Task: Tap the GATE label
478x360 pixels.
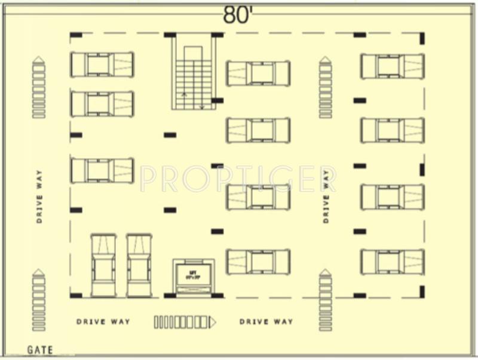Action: (x=40, y=350)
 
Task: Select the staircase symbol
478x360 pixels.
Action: (x=193, y=72)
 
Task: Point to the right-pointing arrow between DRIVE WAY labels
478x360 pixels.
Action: (x=185, y=322)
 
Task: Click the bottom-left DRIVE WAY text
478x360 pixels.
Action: (x=103, y=322)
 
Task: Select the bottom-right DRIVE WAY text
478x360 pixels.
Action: (x=266, y=322)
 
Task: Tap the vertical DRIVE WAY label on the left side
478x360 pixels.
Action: (x=39, y=196)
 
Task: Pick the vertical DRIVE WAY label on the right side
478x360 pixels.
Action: (x=326, y=196)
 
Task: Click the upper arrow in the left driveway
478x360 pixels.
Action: (x=39, y=87)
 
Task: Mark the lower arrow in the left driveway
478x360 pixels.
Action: (x=39, y=300)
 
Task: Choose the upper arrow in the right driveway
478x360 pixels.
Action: (x=326, y=87)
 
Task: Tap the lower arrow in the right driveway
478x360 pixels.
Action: (x=326, y=300)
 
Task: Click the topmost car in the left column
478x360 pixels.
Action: (x=102, y=65)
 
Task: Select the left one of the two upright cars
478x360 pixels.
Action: (x=103, y=265)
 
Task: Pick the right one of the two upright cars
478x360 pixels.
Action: (x=139, y=265)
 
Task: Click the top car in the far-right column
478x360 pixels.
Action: (x=393, y=66)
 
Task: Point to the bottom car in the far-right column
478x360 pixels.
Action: (x=393, y=262)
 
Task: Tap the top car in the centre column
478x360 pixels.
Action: (x=258, y=73)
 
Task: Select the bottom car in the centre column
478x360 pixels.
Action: (x=258, y=262)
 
